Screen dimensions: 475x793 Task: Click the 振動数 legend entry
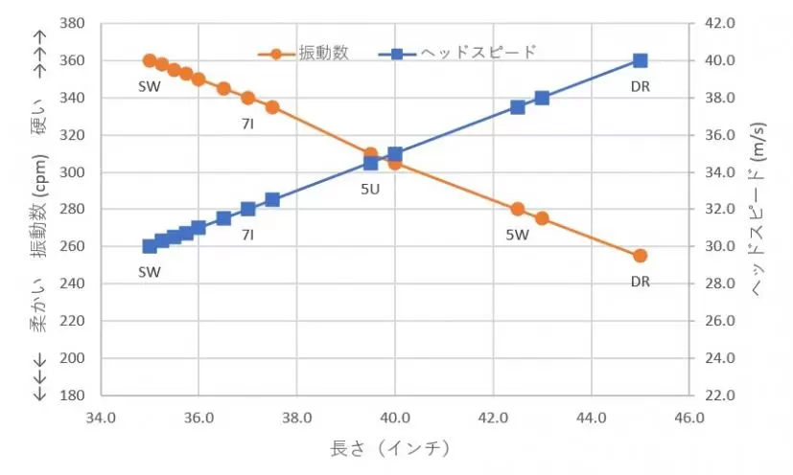coord(308,52)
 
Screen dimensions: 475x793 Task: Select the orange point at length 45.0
coord(641,256)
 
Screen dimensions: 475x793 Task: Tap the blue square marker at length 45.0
coord(641,60)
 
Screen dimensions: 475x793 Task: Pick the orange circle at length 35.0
coord(150,60)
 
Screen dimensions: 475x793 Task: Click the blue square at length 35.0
coord(150,246)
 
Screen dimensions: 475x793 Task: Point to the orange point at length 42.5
coord(518,209)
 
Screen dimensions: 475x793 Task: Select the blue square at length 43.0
coord(542,98)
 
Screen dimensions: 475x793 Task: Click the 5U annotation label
coord(370,189)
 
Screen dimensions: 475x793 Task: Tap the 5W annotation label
coord(518,234)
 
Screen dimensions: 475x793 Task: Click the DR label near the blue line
coord(641,86)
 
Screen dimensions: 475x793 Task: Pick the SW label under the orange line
coord(150,86)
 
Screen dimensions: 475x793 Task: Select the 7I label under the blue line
coord(247,234)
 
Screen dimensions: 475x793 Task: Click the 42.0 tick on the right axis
coord(719,23)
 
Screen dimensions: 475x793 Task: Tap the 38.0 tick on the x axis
coord(296,418)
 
